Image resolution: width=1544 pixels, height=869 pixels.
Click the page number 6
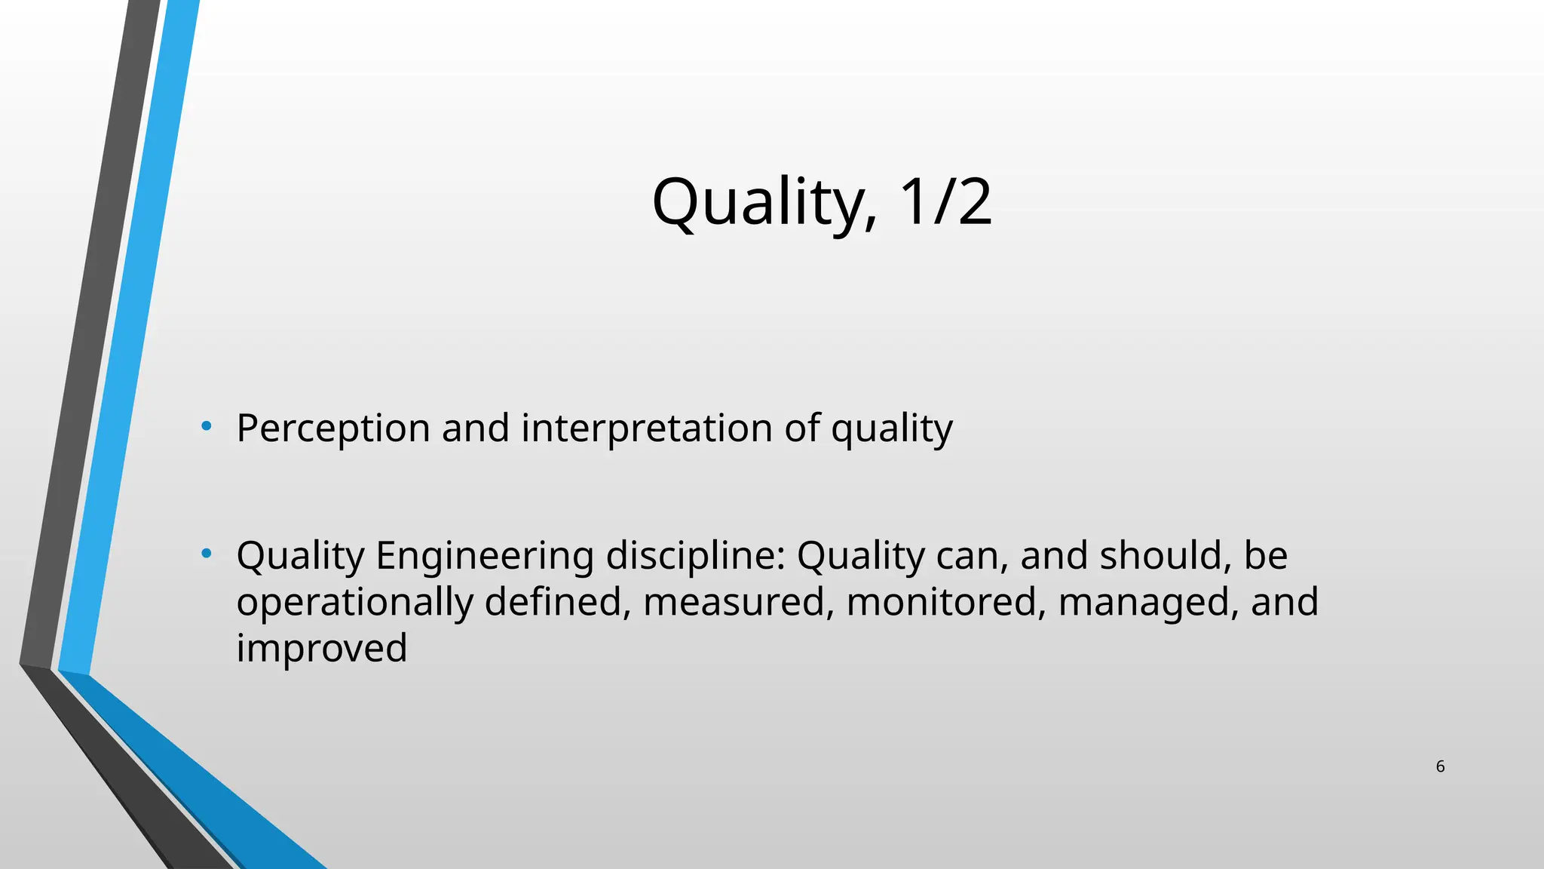[x=1440, y=767]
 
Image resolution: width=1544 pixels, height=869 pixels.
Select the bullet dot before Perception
[x=207, y=427]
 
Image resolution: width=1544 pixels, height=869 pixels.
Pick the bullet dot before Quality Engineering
[x=207, y=554]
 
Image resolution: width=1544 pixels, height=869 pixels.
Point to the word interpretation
[x=647, y=428]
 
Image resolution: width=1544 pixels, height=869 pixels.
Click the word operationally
[x=354, y=603]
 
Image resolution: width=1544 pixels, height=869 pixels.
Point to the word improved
[x=322, y=649]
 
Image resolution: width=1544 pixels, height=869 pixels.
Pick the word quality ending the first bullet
[x=892, y=428]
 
